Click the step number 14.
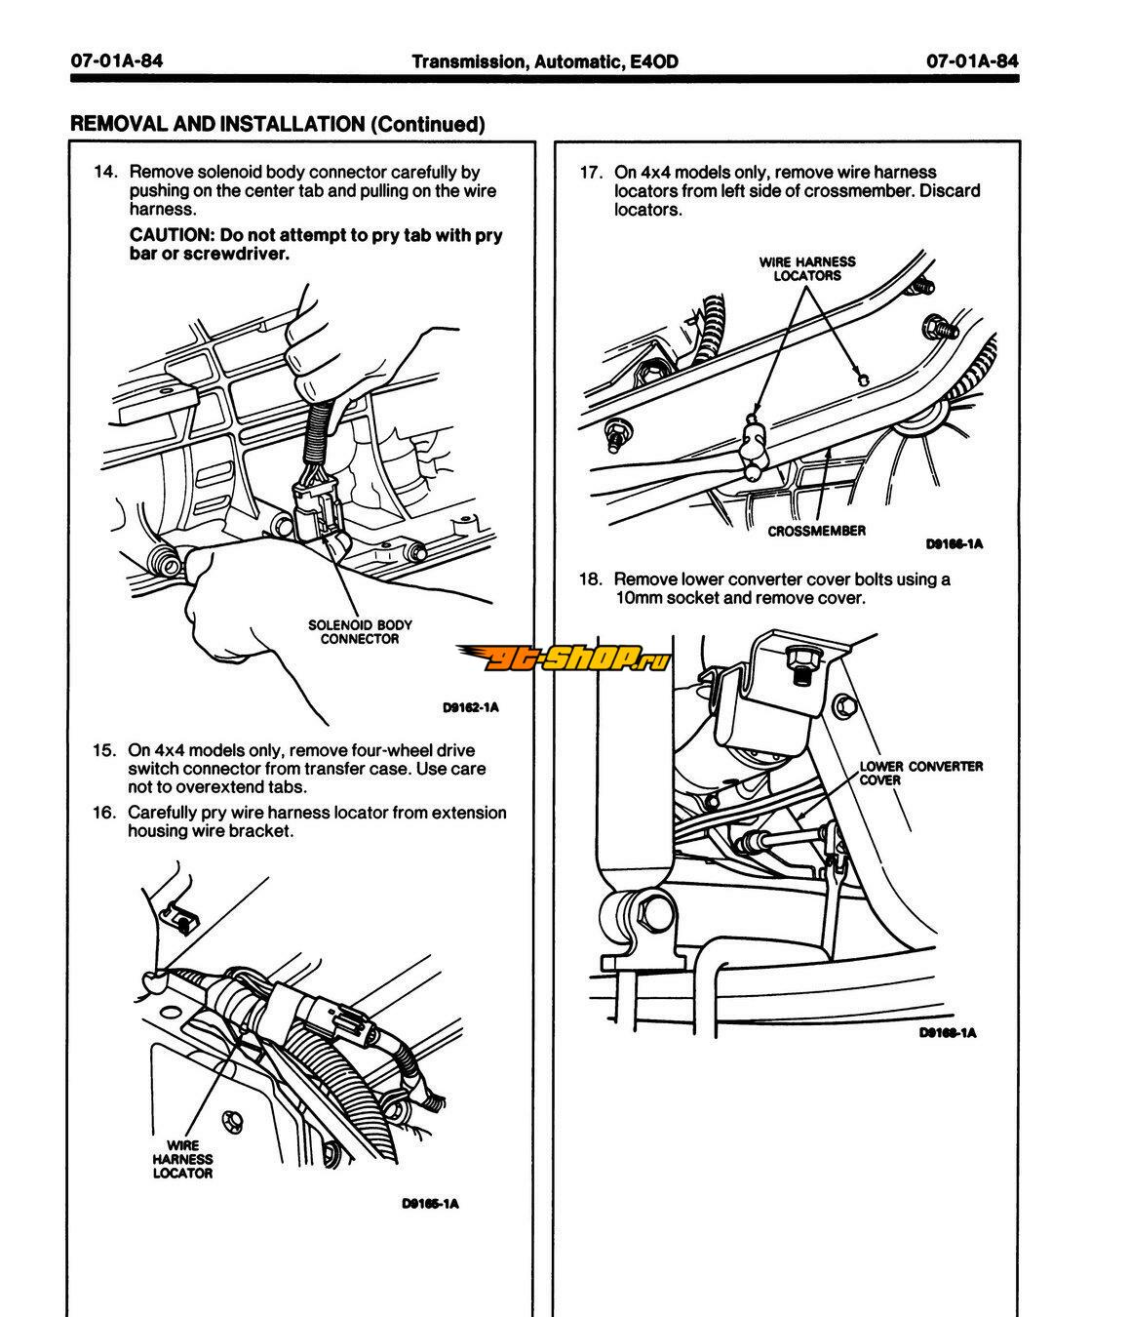104,173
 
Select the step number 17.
591,173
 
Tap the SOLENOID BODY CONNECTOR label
360,632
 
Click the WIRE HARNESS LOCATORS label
807,268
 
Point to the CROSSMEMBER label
816,531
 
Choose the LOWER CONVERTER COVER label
920,773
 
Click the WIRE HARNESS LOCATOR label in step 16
182,1159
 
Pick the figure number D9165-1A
430,1203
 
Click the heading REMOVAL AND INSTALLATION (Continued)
277,124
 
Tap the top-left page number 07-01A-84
116,61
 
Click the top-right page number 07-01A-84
972,61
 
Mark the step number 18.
591,579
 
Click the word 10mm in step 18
638,598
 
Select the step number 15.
104,751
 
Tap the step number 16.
104,813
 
